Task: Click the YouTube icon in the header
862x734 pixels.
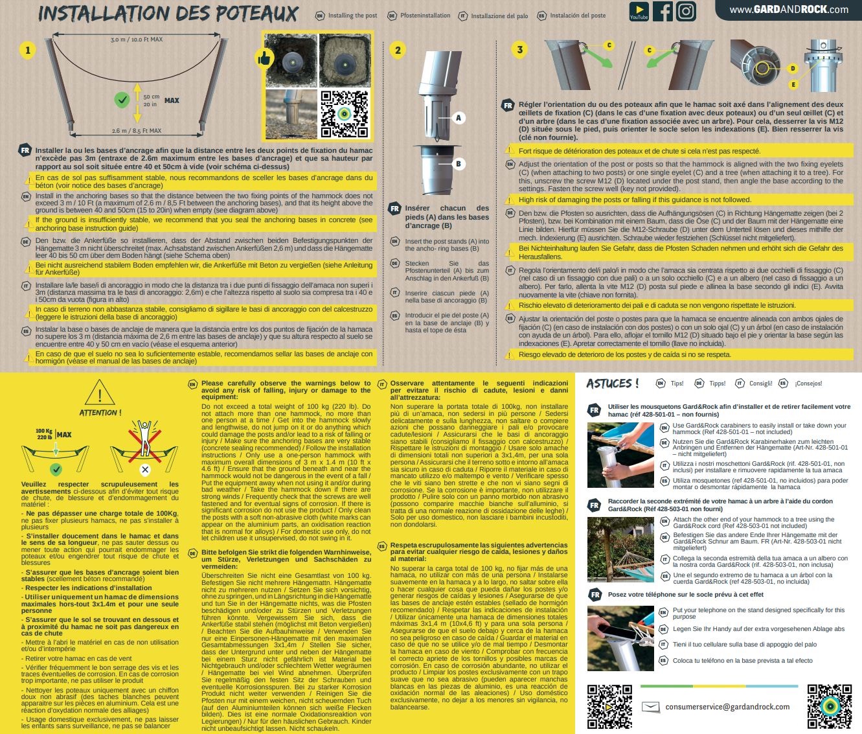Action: tap(639, 11)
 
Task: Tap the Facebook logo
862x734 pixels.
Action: tap(663, 11)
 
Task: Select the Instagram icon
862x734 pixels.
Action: tap(686, 11)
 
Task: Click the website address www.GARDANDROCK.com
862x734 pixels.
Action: tap(789, 10)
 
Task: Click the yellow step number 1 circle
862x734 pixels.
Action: tap(27, 51)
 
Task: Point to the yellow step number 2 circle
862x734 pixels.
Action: tap(398, 50)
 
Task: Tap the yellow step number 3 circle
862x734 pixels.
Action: tap(519, 50)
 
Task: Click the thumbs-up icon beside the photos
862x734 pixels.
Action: tap(264, 58)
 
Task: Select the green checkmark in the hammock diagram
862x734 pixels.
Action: tap(122, 100)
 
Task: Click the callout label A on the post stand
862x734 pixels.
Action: tap(459, 118)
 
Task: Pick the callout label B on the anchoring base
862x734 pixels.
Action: tap(459, 164)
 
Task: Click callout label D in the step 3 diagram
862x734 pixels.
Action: tap(793, 69)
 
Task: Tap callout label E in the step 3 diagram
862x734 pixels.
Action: tap(793, 85)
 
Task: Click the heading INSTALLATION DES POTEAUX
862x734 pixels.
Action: tap(168, 14)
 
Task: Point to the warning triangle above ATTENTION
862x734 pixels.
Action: tap(100, 392)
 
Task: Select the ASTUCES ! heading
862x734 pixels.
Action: tap(612, 384)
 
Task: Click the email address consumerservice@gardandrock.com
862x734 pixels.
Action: tap(727, 706)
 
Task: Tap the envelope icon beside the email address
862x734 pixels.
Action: tap(651, 706)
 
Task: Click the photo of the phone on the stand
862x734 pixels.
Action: tap(620, 638)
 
